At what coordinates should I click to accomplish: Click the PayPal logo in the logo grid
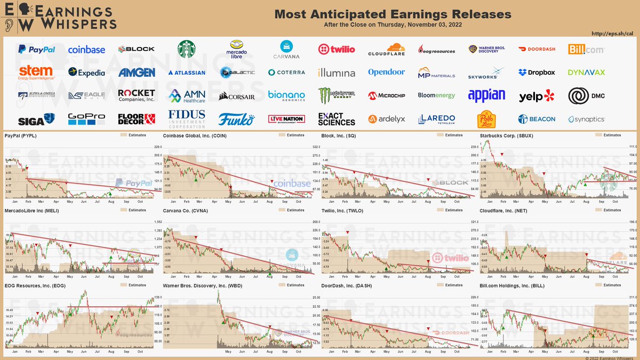pyautogui.click(x=36, y=50)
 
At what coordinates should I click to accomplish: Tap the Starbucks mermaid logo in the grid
pyautogui.click(x=186, y=49)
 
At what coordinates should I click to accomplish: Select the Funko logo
pyautogui.click(x=237, y=118)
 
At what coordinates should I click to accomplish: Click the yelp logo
pyautogui.click(x=536, y=96)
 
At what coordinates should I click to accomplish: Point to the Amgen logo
pyautogui.click(x=137, y=73)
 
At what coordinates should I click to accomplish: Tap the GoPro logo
pyautogui.click(x=86, y=118)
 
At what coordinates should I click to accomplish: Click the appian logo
pyautogui.click(x=486, y=95)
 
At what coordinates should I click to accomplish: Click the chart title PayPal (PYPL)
pyautogui.click(x=20, y=135)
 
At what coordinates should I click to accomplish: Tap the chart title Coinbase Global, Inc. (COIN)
pyautogui.click(x=194, y=135)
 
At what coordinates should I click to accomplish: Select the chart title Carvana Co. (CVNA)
pyautogui.click(x=184, y=211)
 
